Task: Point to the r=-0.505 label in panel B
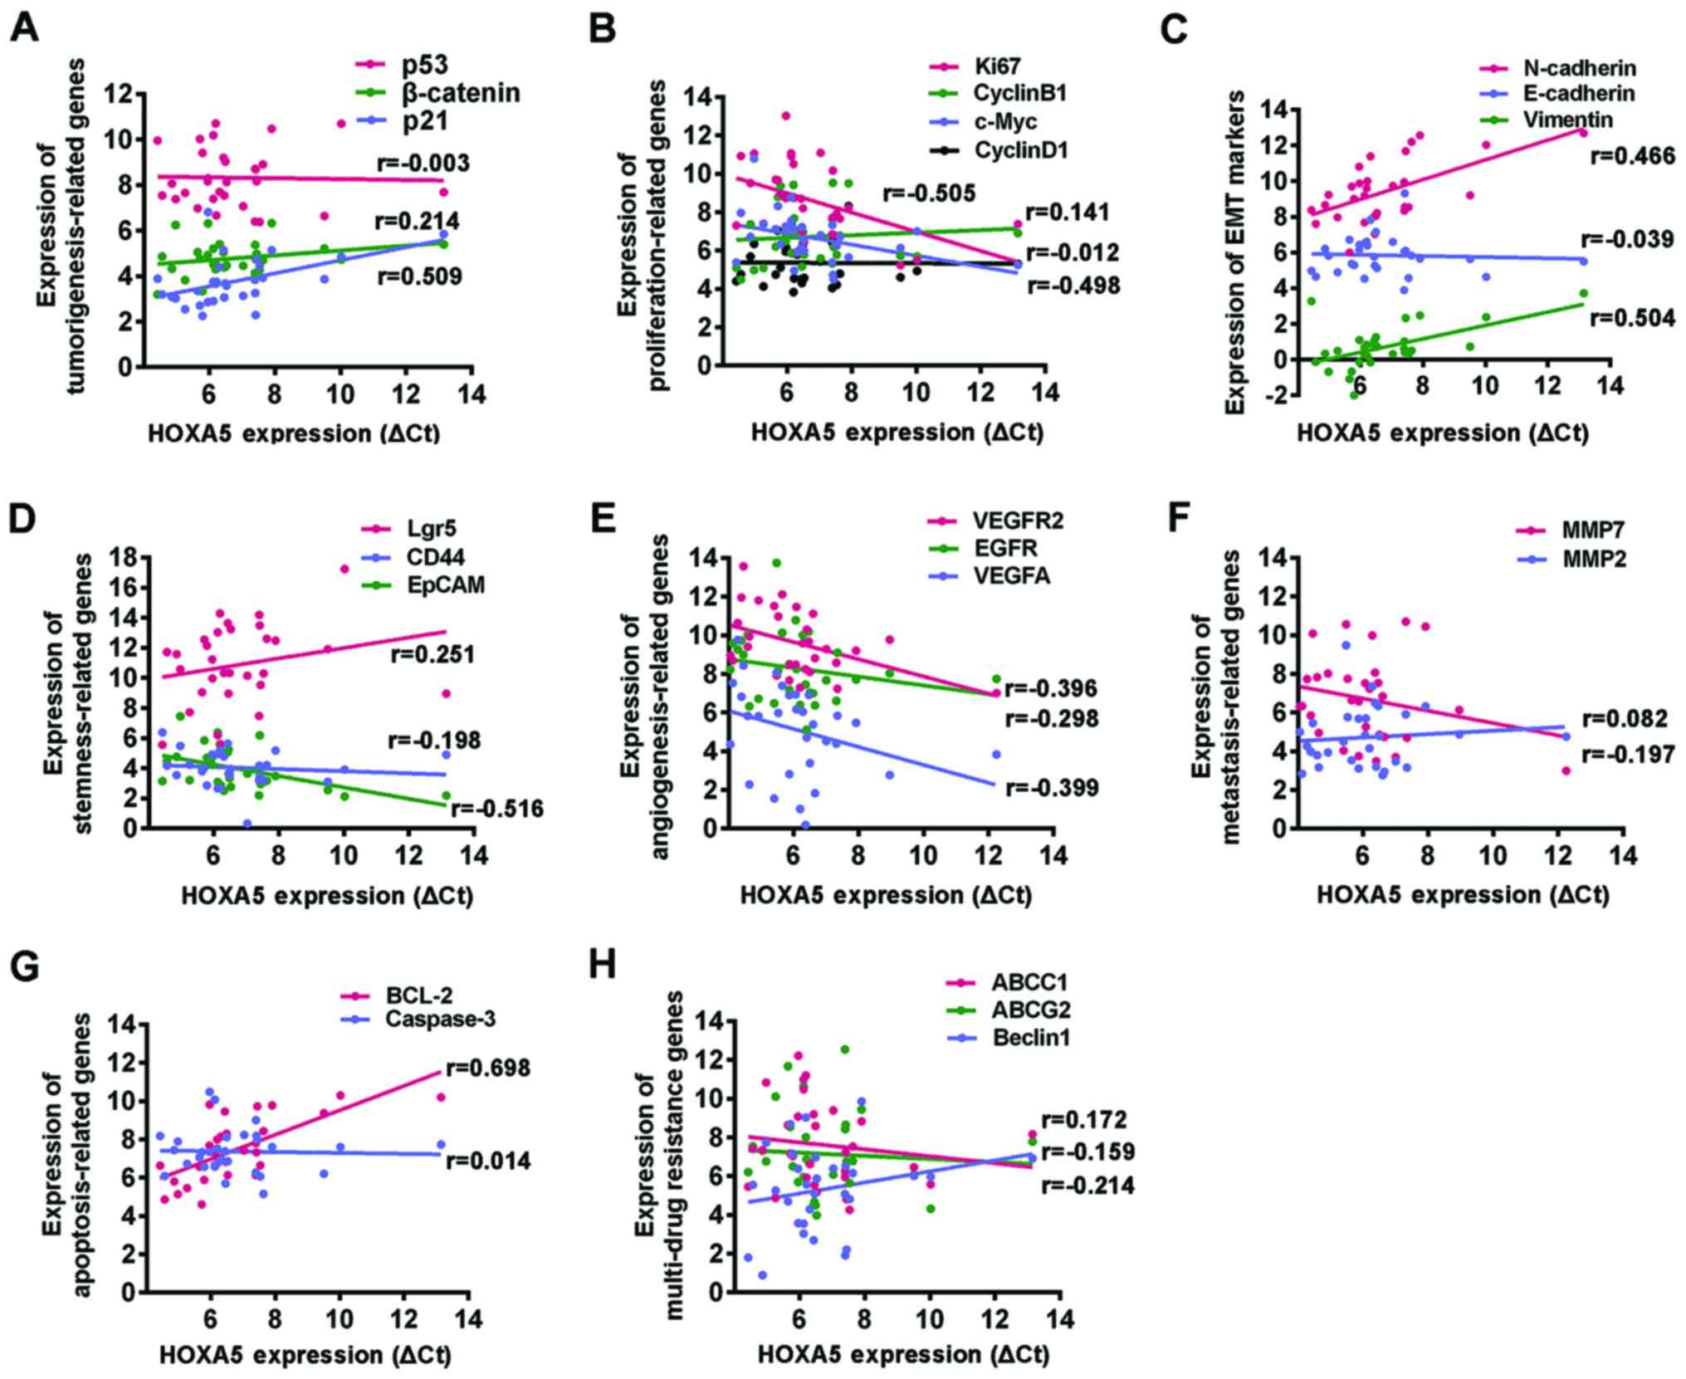coord(928,194)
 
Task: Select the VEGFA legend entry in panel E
coord(1012,575)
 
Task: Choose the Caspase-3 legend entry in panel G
coord(440,1019)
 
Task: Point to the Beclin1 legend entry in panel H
coord(1030,1038)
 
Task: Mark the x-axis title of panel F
coord(1462,895)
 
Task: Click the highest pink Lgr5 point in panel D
coord(344,569)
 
